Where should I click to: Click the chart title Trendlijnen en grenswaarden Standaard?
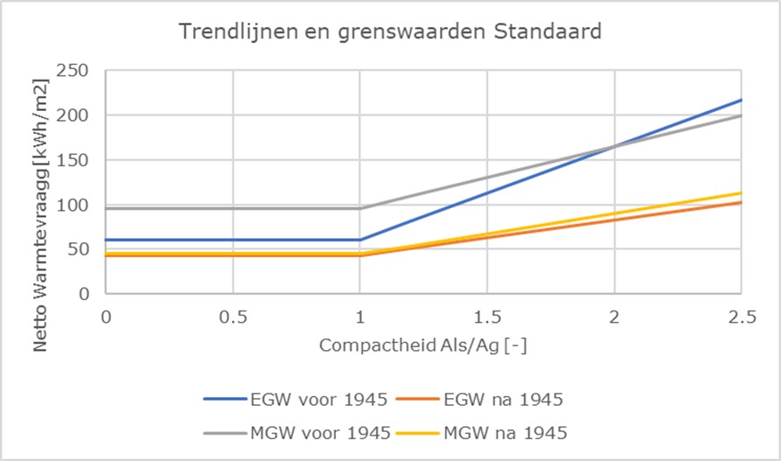click(x=390, y=33)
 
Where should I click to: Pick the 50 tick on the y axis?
click(x=80, y=249)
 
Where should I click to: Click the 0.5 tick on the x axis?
click(x=233, y=316)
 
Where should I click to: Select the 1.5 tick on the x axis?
click(x=487, y=316)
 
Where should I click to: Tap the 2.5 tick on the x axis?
click(x=741, y=316)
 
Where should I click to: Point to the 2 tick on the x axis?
click(x=614, y=316)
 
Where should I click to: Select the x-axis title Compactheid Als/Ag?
click(x=422, y=346)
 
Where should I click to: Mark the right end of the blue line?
click(x=741, y=101)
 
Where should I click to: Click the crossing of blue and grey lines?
click(x=614, y=145)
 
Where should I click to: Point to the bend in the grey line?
click(x=359, y=208)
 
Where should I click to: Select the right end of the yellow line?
click(x=741, y=192)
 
